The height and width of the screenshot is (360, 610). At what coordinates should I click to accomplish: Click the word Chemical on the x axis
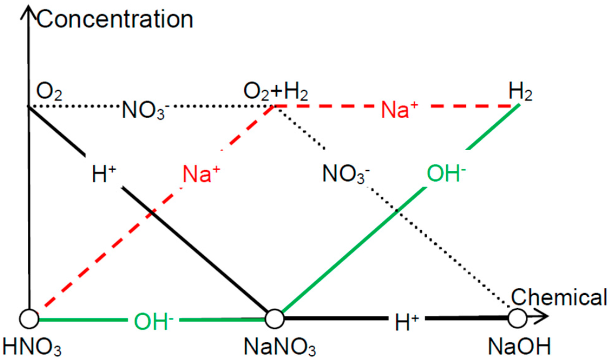coord(559,297)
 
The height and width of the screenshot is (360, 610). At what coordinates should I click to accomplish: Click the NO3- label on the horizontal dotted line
coord(141,110)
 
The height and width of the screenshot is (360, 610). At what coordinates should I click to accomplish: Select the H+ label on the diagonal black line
coord(104,174)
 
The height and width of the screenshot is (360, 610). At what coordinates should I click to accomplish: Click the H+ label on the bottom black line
coord(407,322)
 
